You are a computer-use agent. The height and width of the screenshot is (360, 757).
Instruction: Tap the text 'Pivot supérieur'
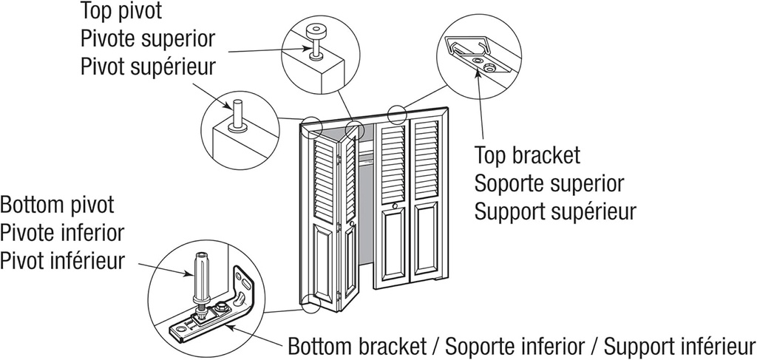148,67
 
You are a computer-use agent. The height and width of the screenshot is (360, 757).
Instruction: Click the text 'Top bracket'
527,156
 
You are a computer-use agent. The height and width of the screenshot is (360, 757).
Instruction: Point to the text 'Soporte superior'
549,183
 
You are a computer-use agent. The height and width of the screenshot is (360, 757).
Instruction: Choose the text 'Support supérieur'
555,211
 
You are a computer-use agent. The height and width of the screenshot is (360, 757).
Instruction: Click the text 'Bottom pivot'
58,204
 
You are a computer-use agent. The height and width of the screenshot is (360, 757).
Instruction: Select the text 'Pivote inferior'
62,232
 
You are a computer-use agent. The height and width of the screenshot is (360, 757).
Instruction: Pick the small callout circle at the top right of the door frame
398,114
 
